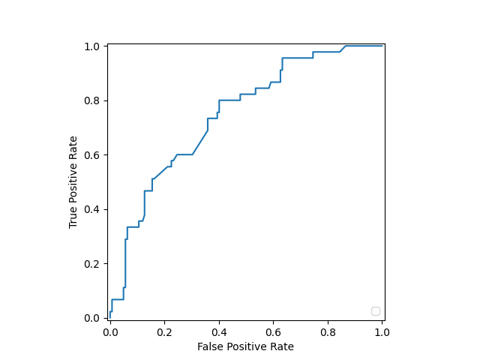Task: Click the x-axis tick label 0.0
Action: (x=110, y=331)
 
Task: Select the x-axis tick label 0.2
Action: (x=164, y=331)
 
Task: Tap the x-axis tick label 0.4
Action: (x=219, y=331)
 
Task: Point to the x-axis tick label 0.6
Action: (x=273, y=331)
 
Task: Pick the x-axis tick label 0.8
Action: (x=328, y=331)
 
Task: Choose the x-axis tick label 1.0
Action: (x=382, y=331)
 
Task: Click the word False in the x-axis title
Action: (x=210, y=346)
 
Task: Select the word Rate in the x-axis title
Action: (x=282, y=346)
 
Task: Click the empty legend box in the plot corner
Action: (x=375, y=311)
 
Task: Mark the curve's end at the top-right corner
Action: (x=382, y=46)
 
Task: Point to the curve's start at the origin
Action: (x=110, y=318)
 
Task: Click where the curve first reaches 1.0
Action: (x=346, y=46)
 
